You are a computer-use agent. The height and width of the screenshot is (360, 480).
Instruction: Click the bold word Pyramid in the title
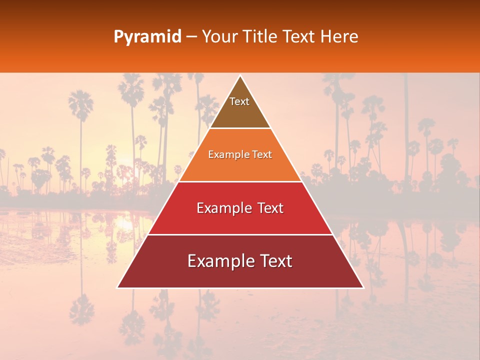coord(147,37)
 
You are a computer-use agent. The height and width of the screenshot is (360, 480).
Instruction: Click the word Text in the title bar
coord(300,36)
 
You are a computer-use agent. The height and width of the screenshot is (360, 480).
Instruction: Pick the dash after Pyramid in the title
coord(191,37)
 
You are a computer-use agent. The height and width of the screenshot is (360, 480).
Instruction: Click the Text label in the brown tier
coord(239,101)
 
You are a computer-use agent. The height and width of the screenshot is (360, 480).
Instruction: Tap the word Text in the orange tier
coord(262,154)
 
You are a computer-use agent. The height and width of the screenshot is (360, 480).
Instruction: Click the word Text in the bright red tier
coord(270,208)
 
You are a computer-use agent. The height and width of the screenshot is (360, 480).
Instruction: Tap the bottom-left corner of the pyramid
coord(117,287)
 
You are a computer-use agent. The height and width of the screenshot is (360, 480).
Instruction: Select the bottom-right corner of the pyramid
coord(363,287)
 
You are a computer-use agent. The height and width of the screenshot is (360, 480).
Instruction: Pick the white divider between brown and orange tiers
coord(240,128)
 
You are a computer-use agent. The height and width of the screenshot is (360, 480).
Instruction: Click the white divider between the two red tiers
coord(240,234)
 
